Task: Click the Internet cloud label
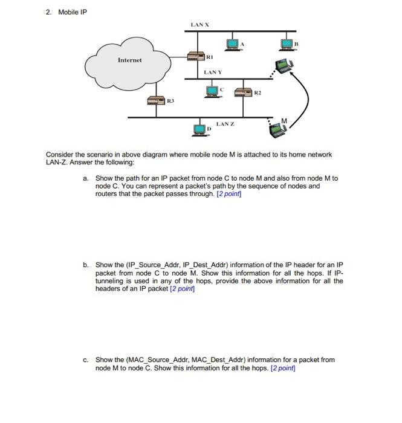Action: coord(129,60)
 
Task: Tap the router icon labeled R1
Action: coord(195,56)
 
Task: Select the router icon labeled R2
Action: coord(243,92)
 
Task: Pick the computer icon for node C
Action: coord(212,91)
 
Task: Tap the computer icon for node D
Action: coord(199,129)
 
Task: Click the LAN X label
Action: coord(200,24)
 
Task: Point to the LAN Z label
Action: coord(225,123)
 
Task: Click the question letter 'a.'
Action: coord(86,178)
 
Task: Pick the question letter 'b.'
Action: coord(86,265)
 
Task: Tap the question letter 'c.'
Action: coord(86,360)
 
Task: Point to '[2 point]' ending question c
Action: coord(284,368)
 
